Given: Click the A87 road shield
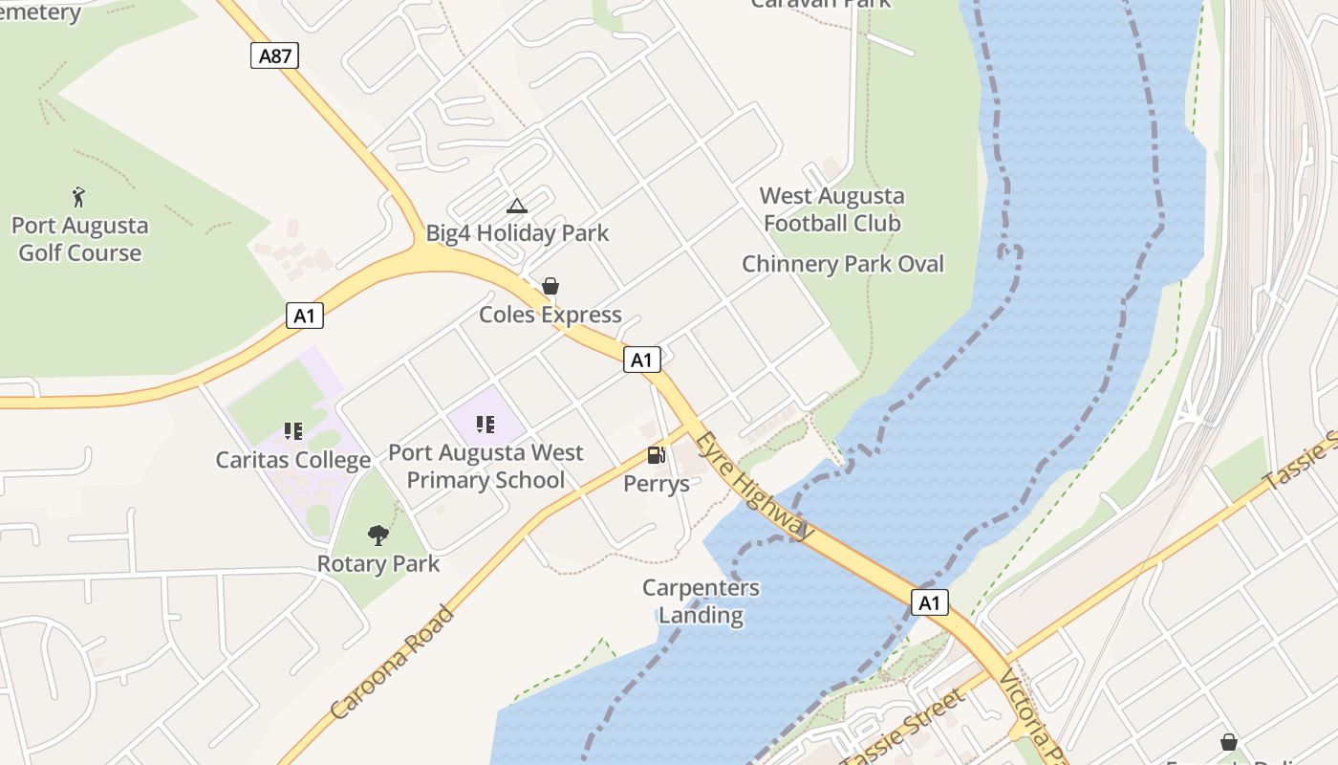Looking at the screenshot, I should [x=275, y=55].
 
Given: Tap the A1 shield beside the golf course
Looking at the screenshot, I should [x=304, y=316].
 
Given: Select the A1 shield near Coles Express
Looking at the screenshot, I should [x=641, y=360].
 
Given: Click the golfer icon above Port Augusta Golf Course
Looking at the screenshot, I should [x=78, y=198].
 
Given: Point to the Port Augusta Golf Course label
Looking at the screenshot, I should [x=80, y=240].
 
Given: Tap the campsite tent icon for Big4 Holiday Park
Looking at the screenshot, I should [x=516, y=206].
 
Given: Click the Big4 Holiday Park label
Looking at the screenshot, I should [x=517, y=233].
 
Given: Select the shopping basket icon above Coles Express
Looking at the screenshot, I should [x=550, y=286].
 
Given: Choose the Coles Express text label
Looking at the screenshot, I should [x=550, y=315].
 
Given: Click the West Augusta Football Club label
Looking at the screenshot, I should [x=831, y=209].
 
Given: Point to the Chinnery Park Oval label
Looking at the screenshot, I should [x=843, y=264].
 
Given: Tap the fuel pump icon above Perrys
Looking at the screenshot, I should [x=656, y=455].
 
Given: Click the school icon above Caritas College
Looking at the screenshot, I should [x=293, y=431].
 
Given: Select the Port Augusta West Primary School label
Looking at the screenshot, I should [x=486, y=466].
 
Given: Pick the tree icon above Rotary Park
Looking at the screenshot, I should [x=378, y=535].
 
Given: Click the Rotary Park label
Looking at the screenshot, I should [x=378, y=563].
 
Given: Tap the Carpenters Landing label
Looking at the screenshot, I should [x=701, y=601].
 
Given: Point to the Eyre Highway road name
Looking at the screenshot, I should [x=755, y=487].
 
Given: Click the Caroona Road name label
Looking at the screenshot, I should [x=393, y=662].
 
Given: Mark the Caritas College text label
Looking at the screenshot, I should [x=293, y=460].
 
